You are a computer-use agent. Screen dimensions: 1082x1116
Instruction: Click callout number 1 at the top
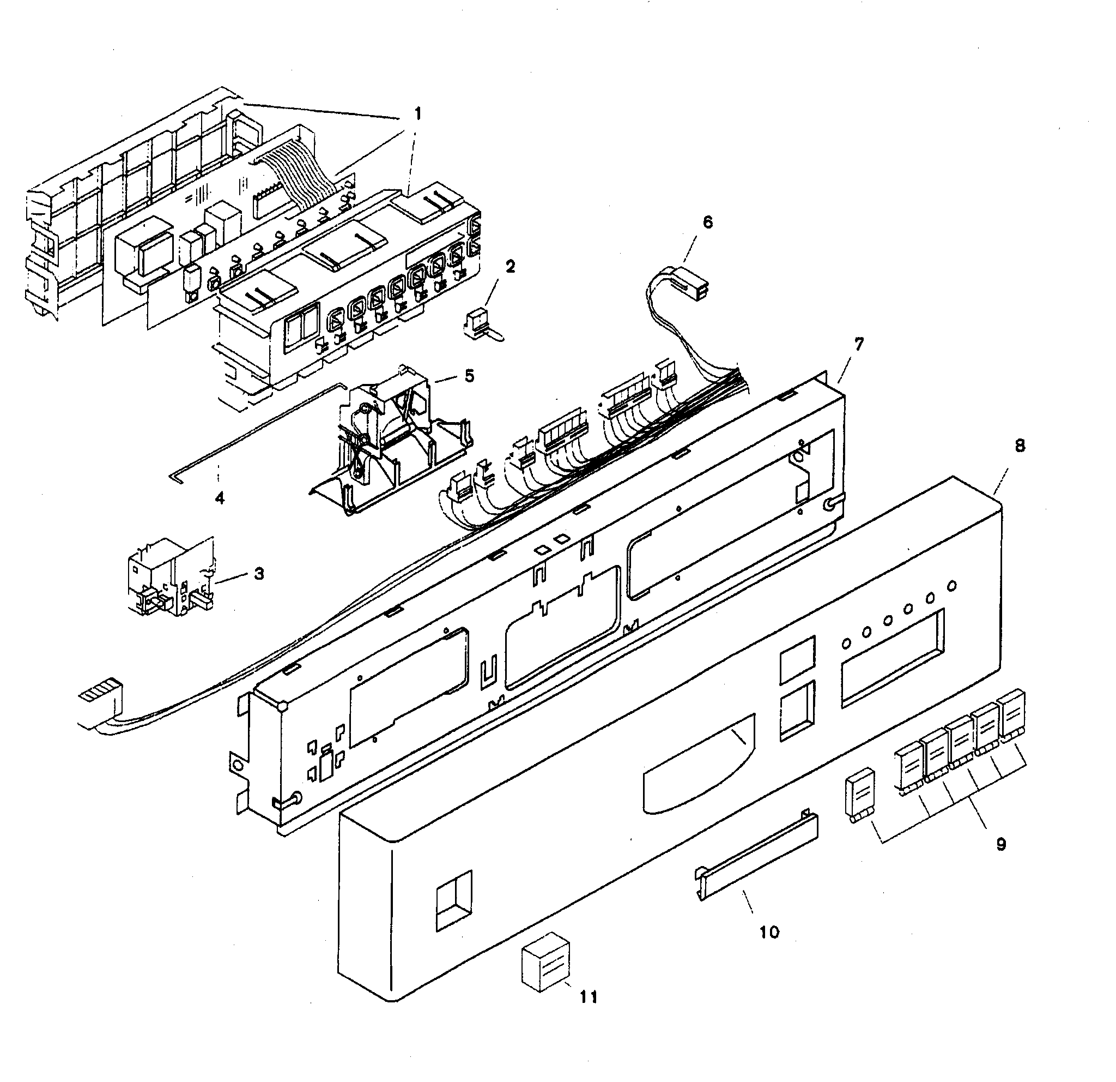[x=417, y=115]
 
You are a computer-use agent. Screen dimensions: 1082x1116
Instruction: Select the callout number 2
[x=510, y=266]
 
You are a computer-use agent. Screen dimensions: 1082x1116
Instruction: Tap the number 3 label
[x=259, y=573]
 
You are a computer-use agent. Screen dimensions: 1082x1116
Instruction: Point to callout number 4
[x=220, y=498]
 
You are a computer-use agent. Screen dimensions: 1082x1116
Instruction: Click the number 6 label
[x=707, y=222]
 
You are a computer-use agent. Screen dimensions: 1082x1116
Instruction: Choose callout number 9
[x=1002, y=844]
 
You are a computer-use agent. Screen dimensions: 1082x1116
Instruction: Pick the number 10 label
[x=769, y=932]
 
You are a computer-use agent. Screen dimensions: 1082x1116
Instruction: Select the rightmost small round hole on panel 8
[x=953, y=585]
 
